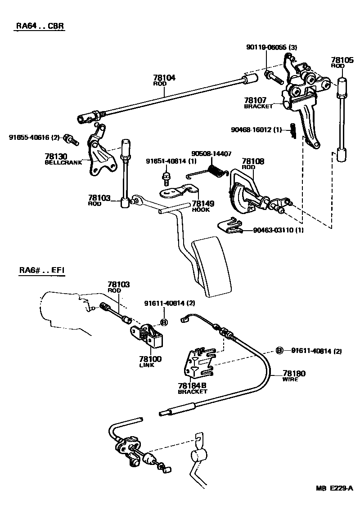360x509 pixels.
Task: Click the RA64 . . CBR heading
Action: click(40, 26)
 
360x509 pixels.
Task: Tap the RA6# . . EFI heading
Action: click(41, 271)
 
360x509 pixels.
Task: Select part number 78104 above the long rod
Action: click(164, 78)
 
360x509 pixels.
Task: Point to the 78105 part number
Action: click(341, 59)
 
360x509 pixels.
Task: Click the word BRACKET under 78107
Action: click(258, 107)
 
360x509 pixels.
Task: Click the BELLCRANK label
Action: click(63, 162)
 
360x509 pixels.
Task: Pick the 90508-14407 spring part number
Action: click(211, 154)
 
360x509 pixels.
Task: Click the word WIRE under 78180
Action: click(290, 379)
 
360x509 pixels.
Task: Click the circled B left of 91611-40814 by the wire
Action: click(279, 351)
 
